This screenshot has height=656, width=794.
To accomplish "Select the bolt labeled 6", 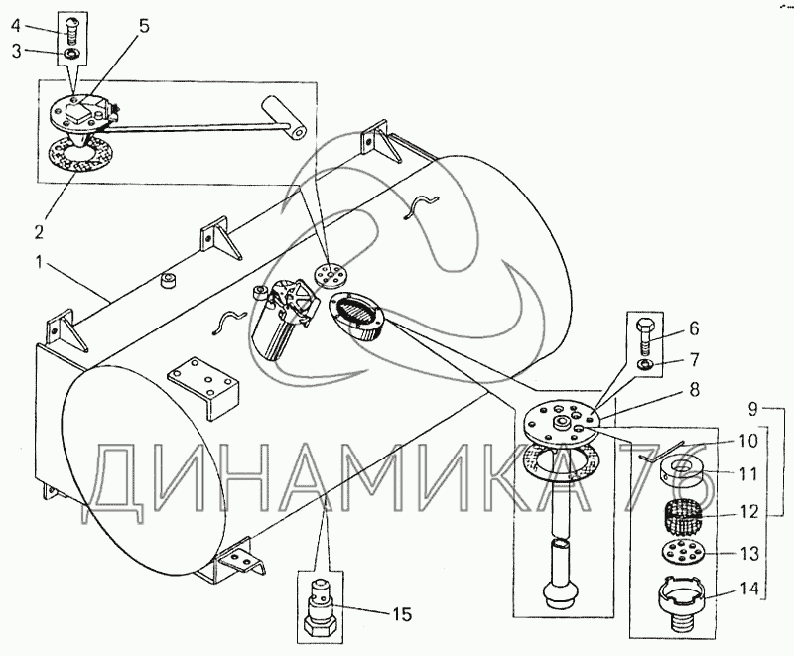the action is point(641,337).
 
